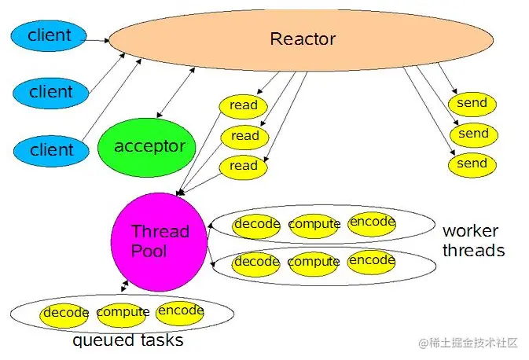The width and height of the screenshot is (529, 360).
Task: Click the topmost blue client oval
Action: point(48,35)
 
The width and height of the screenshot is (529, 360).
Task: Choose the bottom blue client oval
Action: point(51,149)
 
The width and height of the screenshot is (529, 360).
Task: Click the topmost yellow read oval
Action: point(244,105)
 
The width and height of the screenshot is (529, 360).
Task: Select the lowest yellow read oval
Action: point(244,166)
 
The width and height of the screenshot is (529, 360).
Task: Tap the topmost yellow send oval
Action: point(472,103)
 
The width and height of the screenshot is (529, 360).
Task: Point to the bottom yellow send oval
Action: point(472,164)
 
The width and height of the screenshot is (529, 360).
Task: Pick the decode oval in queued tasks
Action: point(66,313)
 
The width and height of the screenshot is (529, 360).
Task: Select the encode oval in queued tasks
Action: point(181,311)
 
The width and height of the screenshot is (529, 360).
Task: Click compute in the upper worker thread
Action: point(314,225)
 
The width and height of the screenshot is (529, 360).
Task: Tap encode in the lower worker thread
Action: point(372,260)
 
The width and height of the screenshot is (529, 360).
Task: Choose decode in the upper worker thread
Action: point(257,224)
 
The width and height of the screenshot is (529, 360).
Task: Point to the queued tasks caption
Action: point(128,341)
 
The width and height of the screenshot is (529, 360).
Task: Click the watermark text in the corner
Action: point(468,343)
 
